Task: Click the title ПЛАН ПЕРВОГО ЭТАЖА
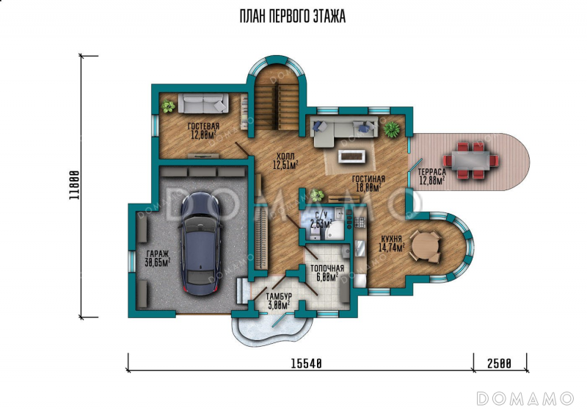292,16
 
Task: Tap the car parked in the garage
201,244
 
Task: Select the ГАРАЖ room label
157,253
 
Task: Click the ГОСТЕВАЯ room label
203,126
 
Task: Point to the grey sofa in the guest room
203,103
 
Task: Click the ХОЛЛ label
285,156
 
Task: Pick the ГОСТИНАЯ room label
368,179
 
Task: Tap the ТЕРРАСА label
432,172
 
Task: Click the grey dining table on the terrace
470,160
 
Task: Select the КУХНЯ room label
392,239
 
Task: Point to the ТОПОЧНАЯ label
327,268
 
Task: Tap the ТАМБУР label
279,296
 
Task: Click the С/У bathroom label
321,215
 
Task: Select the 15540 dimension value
306,363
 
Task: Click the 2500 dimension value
500,363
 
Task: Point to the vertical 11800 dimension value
75,185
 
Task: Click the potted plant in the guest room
168,107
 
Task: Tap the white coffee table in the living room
352,157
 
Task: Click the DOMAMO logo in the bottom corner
525,398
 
